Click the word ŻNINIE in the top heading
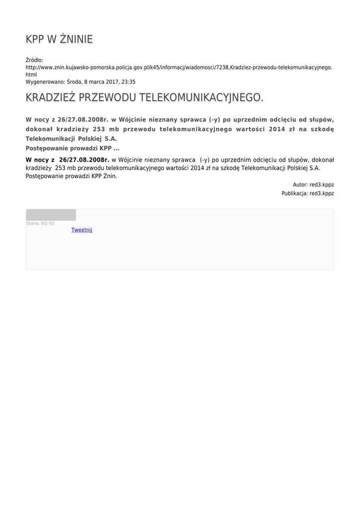point(76,40)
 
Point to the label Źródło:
point(35,60)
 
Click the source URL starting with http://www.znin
point(179,67)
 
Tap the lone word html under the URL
point(31,74)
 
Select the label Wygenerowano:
point(45,82)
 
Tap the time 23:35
point(129,82)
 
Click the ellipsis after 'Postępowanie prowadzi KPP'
point(117,148)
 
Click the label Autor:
point(300,185)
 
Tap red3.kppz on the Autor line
point(322,185)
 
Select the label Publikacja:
point(295,193)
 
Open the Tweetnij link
point(82,230)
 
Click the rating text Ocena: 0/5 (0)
point(40,223)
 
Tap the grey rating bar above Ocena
point(51,215)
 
